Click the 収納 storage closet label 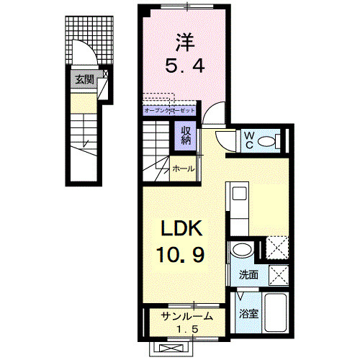[x=186, y=135]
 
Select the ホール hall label [x=183, y=169]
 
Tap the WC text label [x=247, y=138]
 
